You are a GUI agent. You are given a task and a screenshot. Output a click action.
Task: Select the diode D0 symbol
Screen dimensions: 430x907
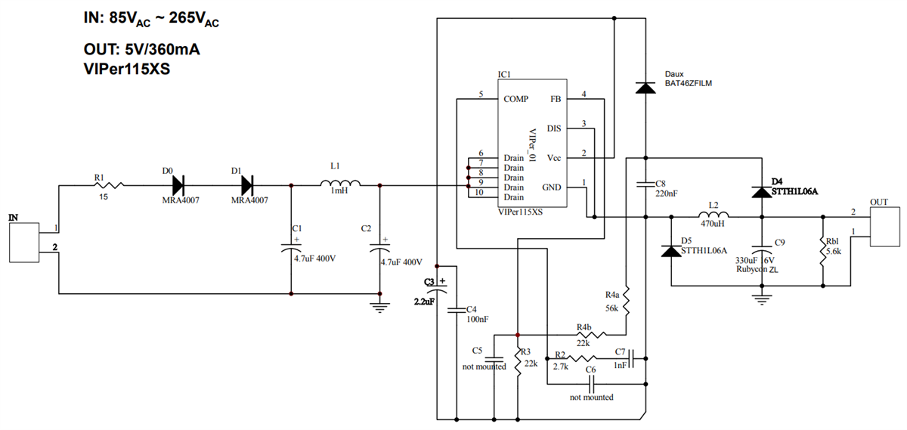coord(178,185)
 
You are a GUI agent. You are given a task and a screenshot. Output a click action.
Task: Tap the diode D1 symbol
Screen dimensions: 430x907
coord(246,185)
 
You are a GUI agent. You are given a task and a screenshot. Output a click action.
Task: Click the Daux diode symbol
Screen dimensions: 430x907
coord(645,88)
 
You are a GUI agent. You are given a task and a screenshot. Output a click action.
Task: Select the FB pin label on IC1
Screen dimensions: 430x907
coord(556,99)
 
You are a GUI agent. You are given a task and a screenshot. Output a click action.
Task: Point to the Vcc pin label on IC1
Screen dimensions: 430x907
coord(553,158)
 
